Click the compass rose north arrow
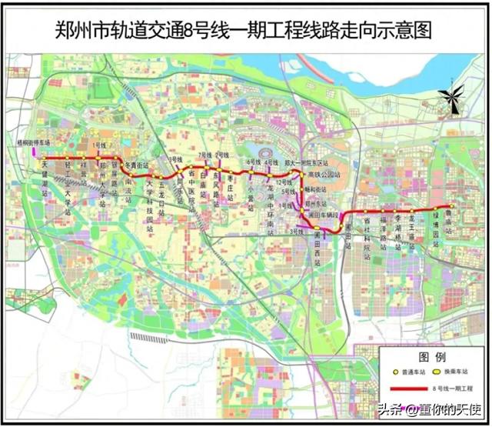click(x=453, y=98)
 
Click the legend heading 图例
click(x=430, y=358)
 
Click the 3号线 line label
click(x=295, y=230)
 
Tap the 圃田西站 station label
click(x=316, y=253)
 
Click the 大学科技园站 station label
click(x=148, y=208)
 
